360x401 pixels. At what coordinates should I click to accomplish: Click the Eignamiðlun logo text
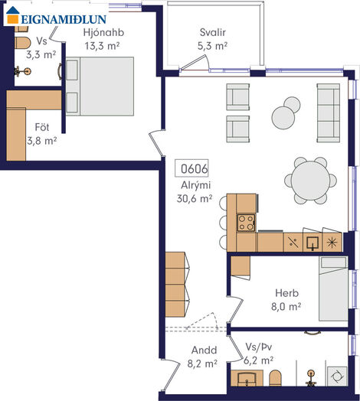coord(64,19)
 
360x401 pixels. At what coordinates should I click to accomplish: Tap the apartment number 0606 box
coord(191,168)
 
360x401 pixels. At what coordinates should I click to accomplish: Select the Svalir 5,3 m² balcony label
coord(212,39)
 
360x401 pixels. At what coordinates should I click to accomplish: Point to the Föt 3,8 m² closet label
coord(42,134)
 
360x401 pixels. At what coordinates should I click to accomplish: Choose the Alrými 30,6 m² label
coord(195,192)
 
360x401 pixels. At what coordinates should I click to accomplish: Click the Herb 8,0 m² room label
coord(286,300)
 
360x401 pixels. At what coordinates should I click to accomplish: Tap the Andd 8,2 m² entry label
coord(202,357)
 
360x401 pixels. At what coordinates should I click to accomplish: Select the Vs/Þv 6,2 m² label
coord(258,354)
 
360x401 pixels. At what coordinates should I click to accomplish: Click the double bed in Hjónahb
coord(100,86)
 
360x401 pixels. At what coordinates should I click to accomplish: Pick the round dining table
coord(310,181)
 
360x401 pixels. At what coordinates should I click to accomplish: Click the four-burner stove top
coord(246,223)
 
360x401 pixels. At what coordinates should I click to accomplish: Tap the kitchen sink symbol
coord(313,243)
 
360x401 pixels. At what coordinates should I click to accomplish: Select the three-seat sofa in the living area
coord(329,112)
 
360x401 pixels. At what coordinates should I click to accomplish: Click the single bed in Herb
coord(333,289)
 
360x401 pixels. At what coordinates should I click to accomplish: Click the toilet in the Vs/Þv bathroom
coord(276,378)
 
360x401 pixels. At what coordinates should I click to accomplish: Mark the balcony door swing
coord(194,63)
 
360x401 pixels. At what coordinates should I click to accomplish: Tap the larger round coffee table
coord(283,118)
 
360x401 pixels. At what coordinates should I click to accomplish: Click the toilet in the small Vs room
coord(23,43)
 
